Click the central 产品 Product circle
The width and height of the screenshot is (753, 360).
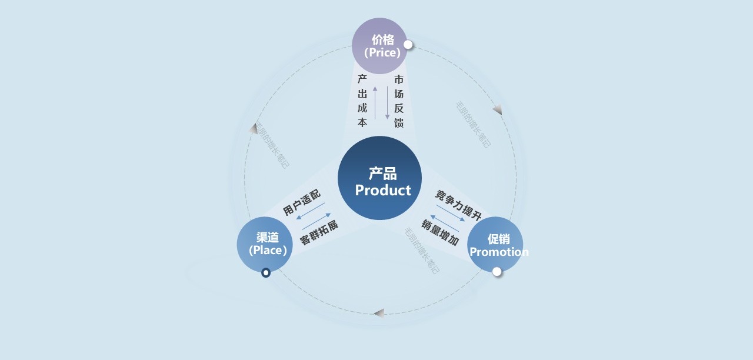pos(379,178)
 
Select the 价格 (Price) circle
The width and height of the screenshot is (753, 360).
pos(380,46)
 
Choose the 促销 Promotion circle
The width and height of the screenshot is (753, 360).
pos(495,245)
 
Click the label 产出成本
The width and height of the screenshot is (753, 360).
pos(362,101)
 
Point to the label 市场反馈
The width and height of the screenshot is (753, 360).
pos(399,101)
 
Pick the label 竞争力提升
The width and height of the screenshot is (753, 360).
pos(458,202)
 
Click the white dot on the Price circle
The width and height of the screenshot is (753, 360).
pos(408,45)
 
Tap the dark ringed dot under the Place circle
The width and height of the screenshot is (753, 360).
pos(266,272)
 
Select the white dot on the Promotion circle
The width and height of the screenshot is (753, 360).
pos(497,271)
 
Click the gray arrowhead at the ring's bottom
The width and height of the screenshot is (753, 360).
pos(379,313)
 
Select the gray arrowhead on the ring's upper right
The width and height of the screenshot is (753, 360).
pos(497,109)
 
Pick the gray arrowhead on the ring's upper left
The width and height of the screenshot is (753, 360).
pos(254,128)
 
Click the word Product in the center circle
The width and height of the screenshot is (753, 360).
pos(383,191)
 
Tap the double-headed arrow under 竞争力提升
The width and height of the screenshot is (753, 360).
pos(450,213)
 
